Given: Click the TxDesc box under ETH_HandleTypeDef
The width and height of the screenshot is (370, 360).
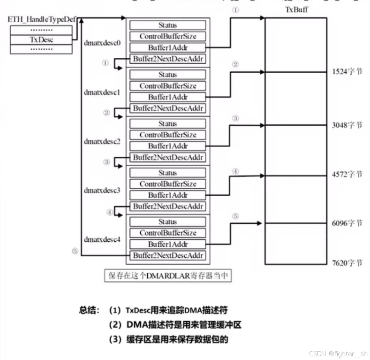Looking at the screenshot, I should pyautogui.click(x=42, y=40).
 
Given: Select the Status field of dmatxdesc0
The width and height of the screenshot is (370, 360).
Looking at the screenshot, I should pyautogui.click(x=167, y=25).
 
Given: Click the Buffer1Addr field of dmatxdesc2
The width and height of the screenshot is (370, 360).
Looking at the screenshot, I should pyautogui.click(x=167, y=146).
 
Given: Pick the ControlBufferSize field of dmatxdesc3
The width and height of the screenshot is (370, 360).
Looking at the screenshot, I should pyautogui.click(x=167, y=184).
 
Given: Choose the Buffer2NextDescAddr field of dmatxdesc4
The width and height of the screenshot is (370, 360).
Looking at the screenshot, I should pyautogui.click(x=167, y=255).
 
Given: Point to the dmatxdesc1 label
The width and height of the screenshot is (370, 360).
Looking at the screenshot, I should pyautogui.click(x=102, y=92).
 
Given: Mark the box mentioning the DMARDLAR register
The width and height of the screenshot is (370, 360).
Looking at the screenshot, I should pyautogui.click(x=168, y=276).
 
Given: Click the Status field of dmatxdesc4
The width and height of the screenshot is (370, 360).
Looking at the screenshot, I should pyautogui.click(x=167, y=222).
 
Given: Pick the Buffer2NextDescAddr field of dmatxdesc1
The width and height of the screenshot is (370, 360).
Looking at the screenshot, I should pyautogui.click(x=167, y=108).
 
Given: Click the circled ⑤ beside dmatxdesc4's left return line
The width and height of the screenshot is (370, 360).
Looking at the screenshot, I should pyautogui.click(x=75, y=251).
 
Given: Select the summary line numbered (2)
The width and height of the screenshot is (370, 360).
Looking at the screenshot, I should pyautogui.click(x=174, y=324).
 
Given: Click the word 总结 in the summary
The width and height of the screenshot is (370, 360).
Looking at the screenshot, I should pyautogui.click(x=89, y=310).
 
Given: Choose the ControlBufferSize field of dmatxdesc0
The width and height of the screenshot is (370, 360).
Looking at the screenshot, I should pyautogui.click(x=167, y=36).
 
